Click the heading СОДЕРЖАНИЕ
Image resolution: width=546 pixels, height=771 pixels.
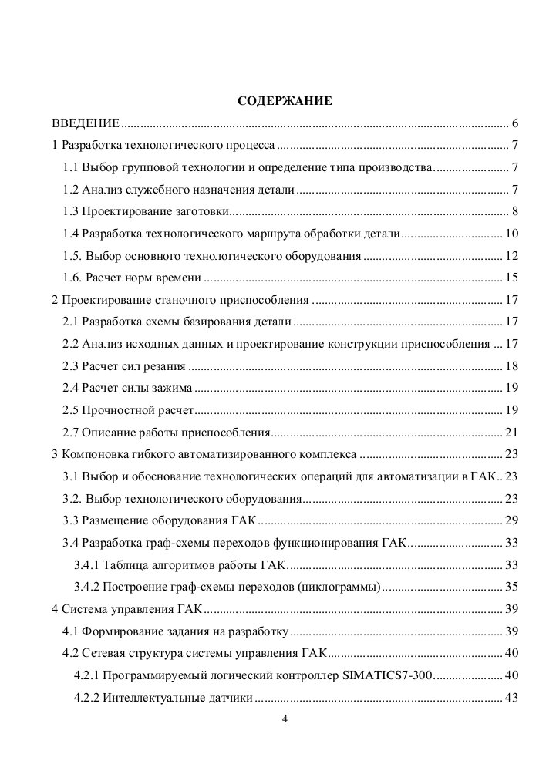click(x=285, y=100)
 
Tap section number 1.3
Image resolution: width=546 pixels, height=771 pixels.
click(x=71, y=212)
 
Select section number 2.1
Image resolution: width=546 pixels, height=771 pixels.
click(x=71, y=322)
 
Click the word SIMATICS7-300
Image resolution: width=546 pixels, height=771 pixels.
click(x=388, y=676)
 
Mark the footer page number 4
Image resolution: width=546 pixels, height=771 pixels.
click(x=285, y=720)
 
